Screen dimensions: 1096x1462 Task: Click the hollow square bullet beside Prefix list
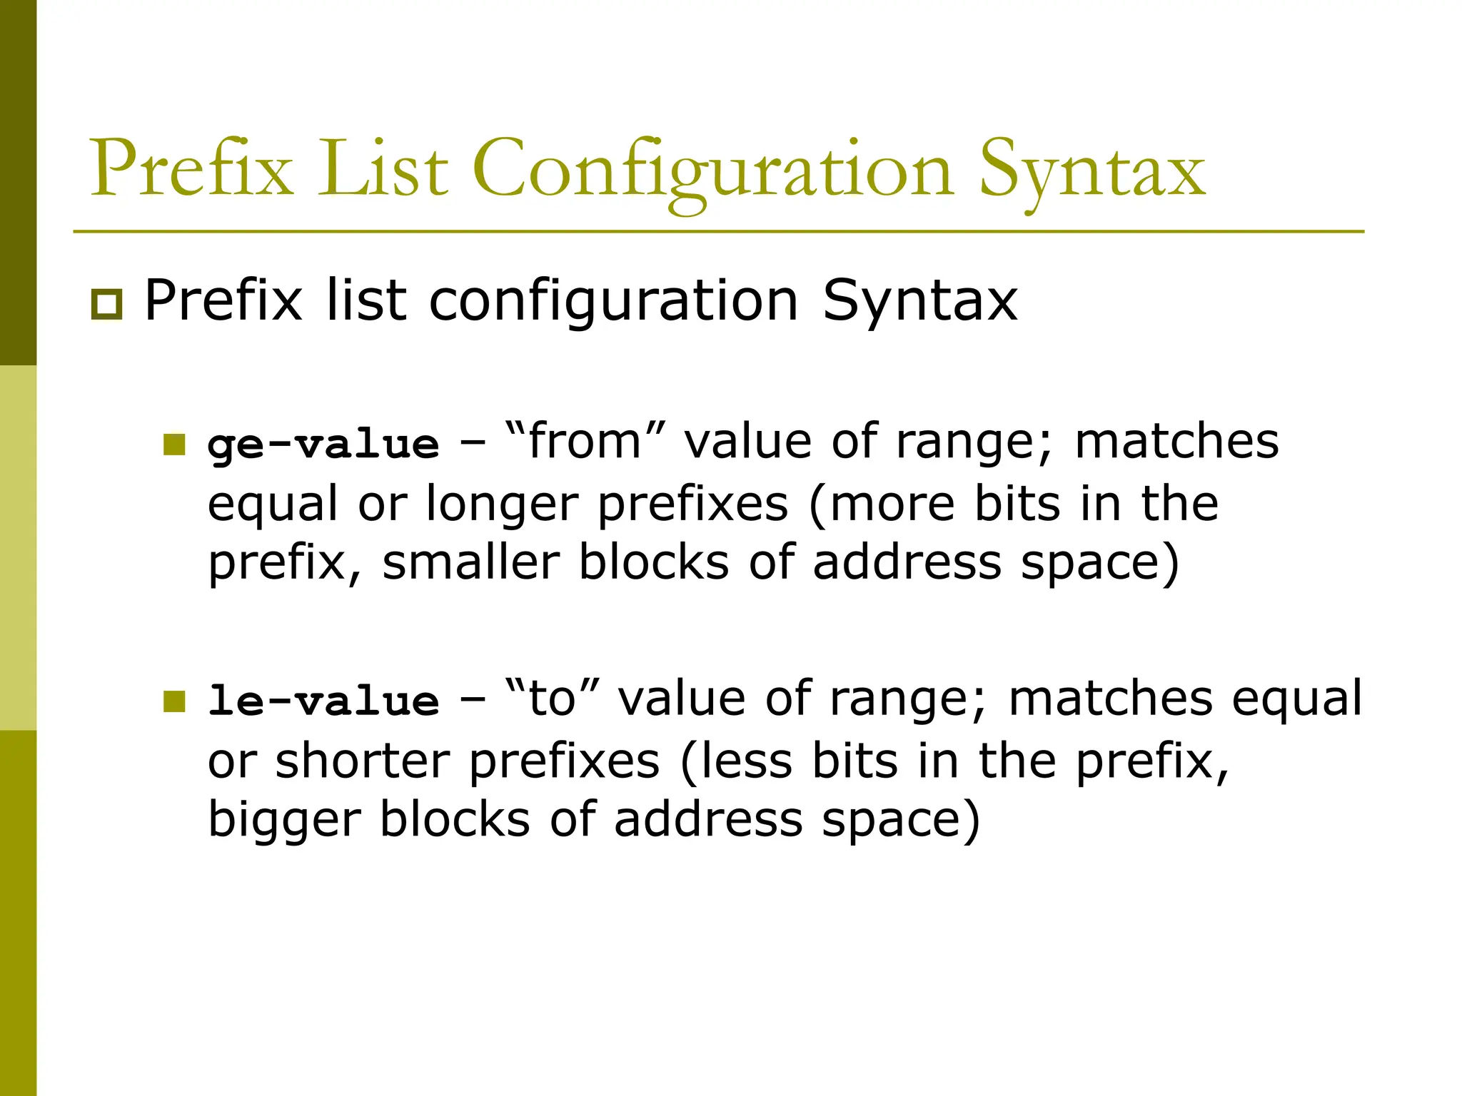[x=106, y=305]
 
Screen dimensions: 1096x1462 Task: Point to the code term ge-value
[x=323, y=445]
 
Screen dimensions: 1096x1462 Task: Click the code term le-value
[x=323, y=701]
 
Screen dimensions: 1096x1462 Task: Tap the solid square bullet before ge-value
[x=174, y=445]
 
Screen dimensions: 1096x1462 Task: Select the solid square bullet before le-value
[x=174, y=701]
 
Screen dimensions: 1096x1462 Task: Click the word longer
[x=503, y=504]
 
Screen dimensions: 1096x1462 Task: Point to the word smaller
[x=471, y=562]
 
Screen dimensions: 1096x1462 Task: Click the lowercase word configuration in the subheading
[x=613, y=301]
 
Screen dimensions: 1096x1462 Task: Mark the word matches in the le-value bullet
[x=1111, y=698]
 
